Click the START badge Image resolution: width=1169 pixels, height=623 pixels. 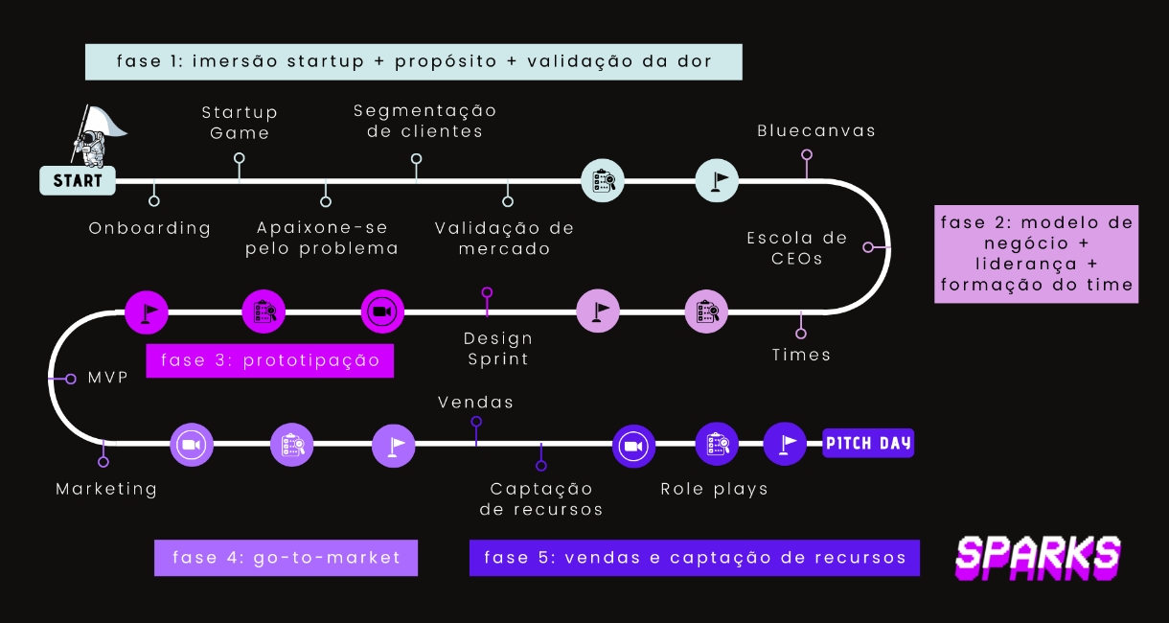click(x=78, y=180)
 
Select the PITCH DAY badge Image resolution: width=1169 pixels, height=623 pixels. click(x=868, y=444)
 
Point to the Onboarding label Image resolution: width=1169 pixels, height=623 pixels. click(x=149, y=228)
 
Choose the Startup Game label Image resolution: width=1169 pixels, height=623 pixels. click(x=240, y=124)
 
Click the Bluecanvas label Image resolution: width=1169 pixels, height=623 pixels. click(x=815, y=130)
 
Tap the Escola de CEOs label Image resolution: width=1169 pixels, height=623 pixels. click(x=797, y=247)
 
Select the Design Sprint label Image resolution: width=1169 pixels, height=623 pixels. click(x=498, y=349)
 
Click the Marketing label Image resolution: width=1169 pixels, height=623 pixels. click(x=106, y=489)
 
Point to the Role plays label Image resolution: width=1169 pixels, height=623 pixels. click(x=715, y=489)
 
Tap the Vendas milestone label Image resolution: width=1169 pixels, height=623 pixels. click(x=475, y=402)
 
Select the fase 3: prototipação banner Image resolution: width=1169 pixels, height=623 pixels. click(x=270, y=360)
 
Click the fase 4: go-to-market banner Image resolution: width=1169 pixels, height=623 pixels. click(x=286, y=558)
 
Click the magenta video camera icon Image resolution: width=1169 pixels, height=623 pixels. click(x=382, y=311)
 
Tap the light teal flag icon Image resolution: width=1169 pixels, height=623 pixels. click(x=717, y=179)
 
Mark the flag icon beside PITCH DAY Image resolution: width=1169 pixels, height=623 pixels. click(x=786, y=444)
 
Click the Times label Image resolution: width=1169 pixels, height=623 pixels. click(x=801, y=355)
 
